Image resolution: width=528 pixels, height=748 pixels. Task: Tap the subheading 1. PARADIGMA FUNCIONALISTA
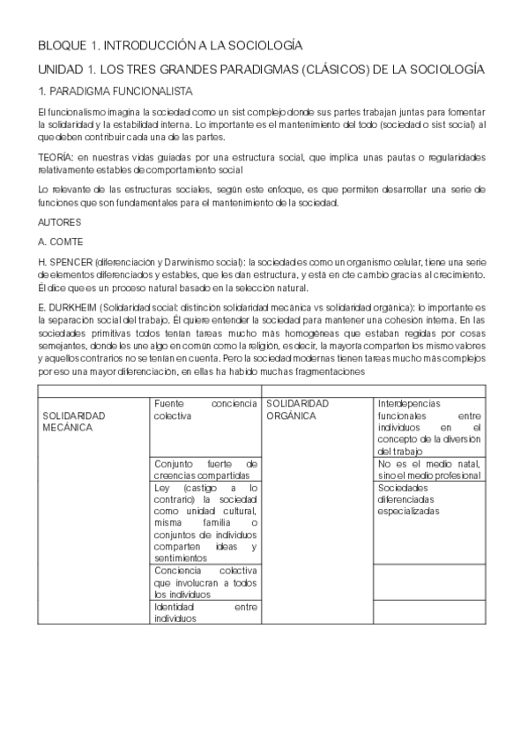tap(116, 91)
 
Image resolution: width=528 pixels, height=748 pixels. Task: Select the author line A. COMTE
tap(59, 240)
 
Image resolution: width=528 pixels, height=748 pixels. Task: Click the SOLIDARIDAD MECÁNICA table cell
tap(74, 421)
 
